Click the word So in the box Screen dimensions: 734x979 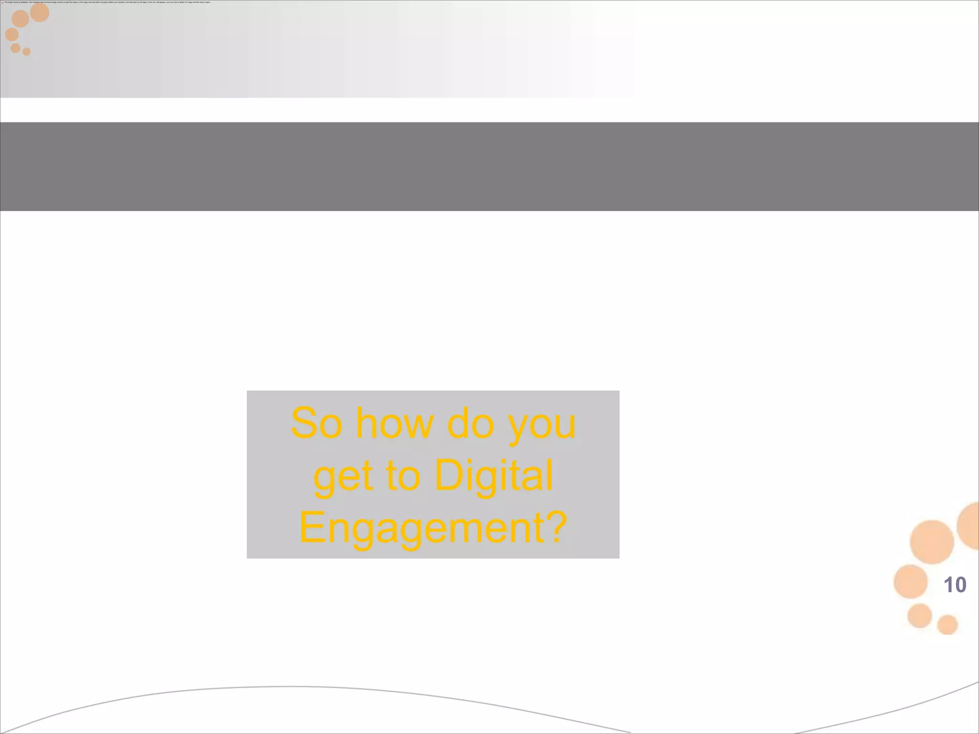tap(316, 423)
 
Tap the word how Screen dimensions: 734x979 tap(395, 423)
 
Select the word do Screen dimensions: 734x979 tap(470, 423)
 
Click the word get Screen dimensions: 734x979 tap(343, 477)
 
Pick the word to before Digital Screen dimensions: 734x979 tap(402, 476)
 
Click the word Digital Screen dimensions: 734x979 tap(494, 476)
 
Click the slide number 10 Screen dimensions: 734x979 tap(955, 585)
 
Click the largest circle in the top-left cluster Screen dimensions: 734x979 tap(40, 12)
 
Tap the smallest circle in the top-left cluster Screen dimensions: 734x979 tap(26, 52)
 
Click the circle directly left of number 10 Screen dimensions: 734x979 tap(911, 582)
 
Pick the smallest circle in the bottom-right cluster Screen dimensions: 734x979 tap(947, 624)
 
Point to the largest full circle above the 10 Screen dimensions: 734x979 tap(932, 542)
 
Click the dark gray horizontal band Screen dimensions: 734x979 tap(489, 166)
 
